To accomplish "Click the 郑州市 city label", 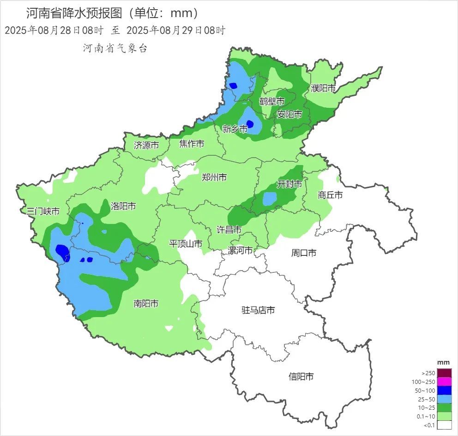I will (214, 177).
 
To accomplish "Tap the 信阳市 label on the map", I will (301, 377).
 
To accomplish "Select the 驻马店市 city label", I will (258, 310).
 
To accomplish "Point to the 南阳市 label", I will (146, 303).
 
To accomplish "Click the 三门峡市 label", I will (43, 212).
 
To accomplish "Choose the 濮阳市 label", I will (323, 88).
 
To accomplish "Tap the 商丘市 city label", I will (330, 195).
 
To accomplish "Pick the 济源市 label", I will (146, 145).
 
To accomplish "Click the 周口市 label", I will (304, 253).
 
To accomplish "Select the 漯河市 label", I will (241, 250).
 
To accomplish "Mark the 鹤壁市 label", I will (271, 101).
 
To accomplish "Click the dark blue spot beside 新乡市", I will (250, 124).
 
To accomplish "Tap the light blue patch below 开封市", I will (270, 199).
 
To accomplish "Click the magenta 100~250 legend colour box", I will (444, 382).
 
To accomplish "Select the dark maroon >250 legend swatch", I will (444, 373).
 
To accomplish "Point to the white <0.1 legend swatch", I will (444, 425).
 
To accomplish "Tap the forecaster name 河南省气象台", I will (115, 48).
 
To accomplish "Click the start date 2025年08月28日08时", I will (54, 31).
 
